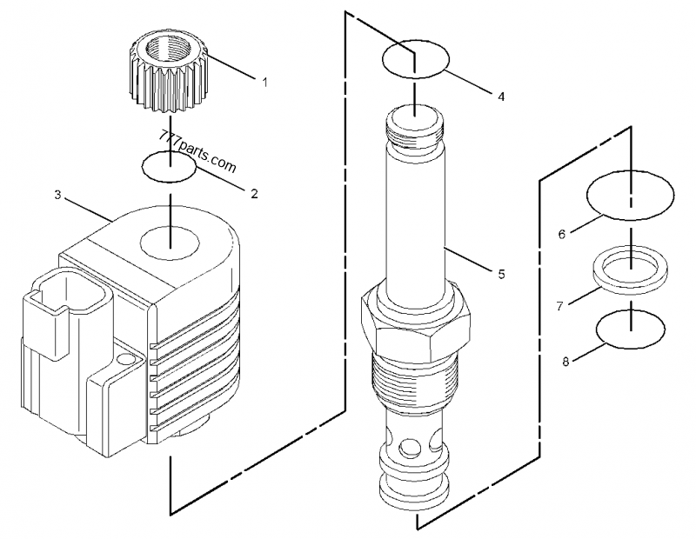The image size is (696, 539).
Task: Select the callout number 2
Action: [254, 193]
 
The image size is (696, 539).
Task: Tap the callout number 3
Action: [58, 196]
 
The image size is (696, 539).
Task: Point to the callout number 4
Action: [501, 97]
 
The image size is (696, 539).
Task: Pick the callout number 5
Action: [501, 274]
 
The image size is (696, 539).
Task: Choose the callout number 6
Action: [562, 234]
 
